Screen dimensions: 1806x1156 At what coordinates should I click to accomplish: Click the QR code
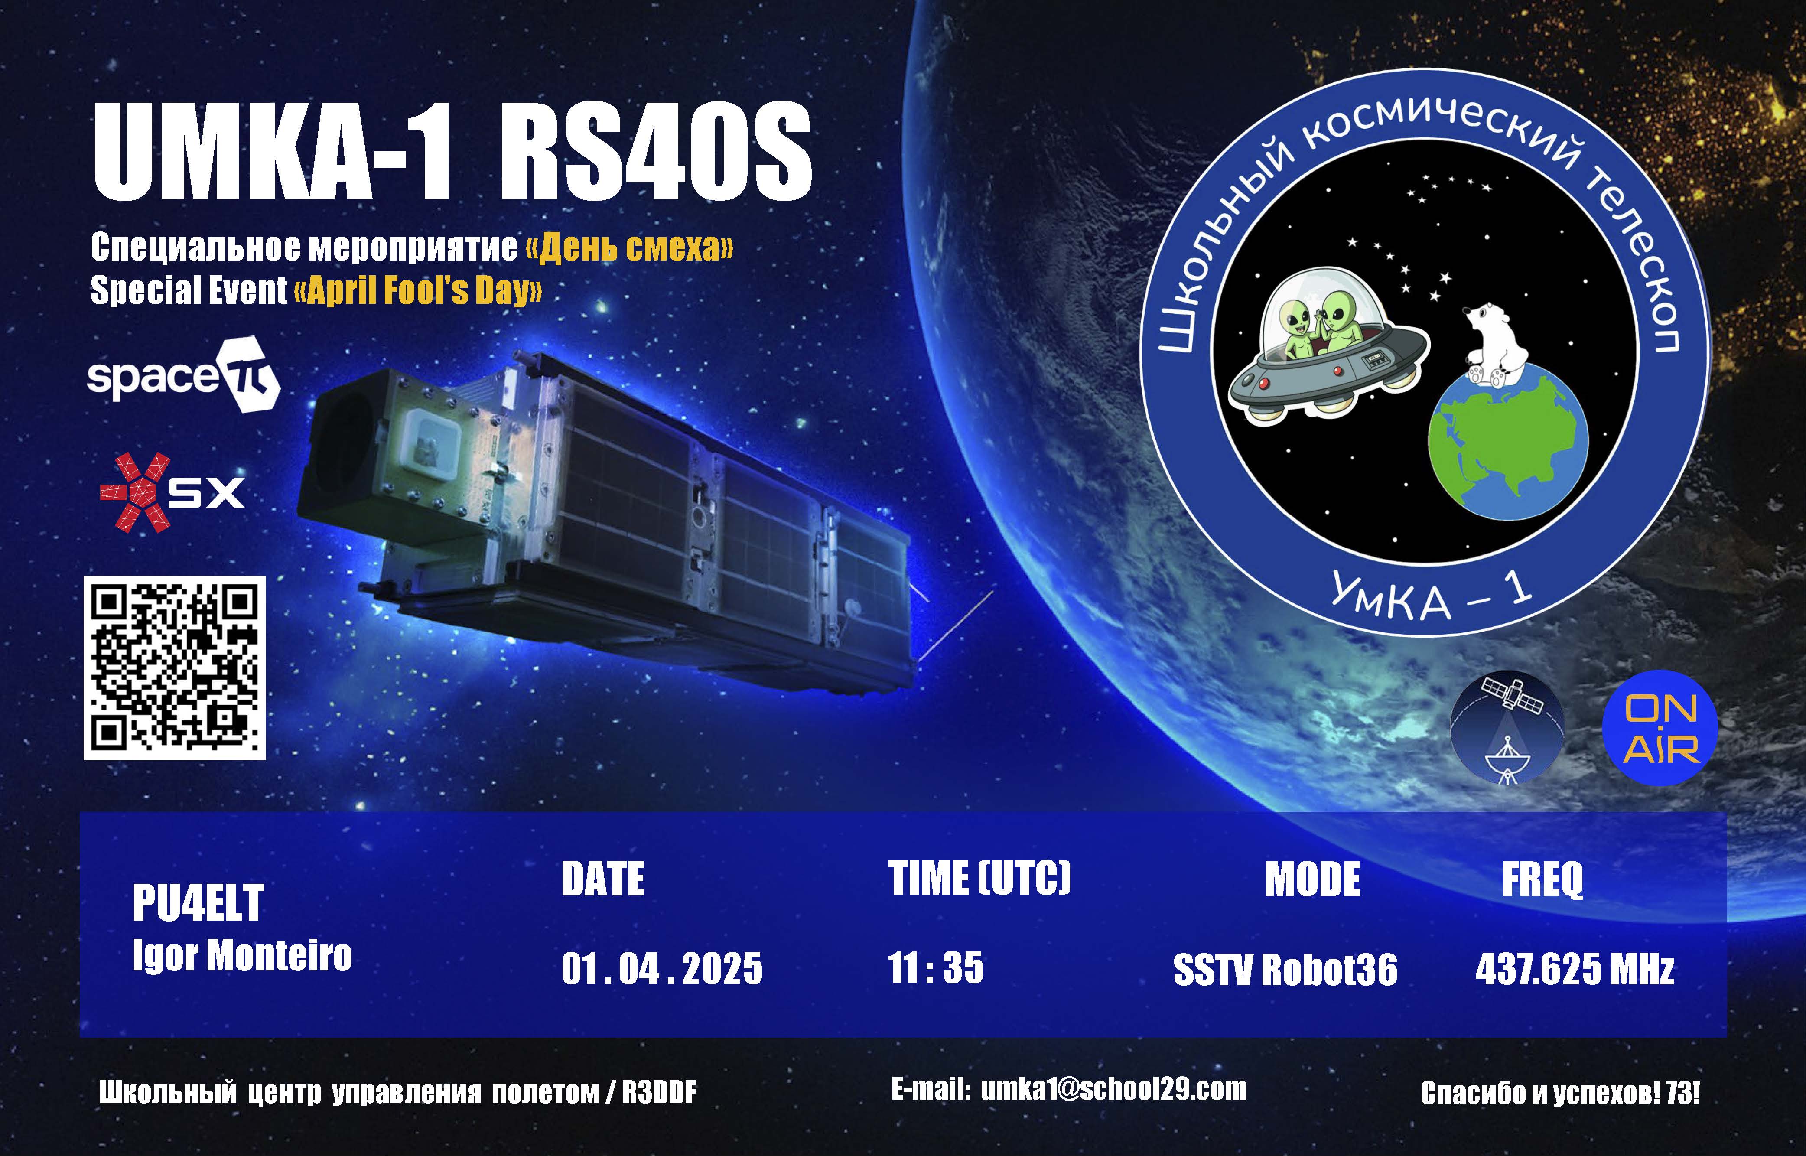tap(174, 668)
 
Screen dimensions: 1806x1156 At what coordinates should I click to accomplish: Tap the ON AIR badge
tap(1660, 727)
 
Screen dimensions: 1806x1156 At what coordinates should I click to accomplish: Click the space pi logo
tap(183, 375)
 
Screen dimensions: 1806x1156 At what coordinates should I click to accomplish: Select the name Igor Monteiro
tap(242, 956)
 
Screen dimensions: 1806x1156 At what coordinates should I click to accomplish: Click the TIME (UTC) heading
tap(979, 877)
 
